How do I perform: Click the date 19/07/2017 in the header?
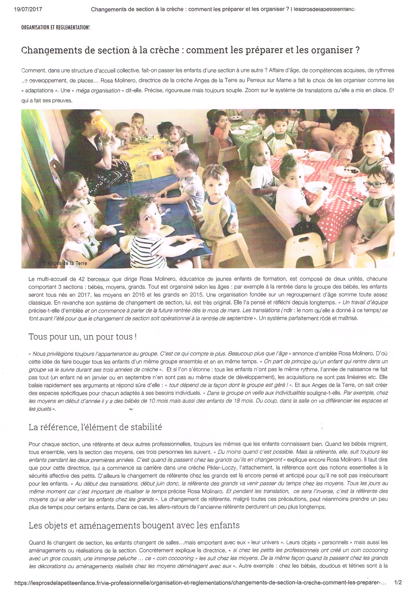click(28, 9)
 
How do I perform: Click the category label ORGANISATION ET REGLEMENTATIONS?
click(56, 27)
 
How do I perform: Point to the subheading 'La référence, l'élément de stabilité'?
click(95, 427)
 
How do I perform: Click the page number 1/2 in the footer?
click(398, 583)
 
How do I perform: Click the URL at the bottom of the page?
click(200, 583)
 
